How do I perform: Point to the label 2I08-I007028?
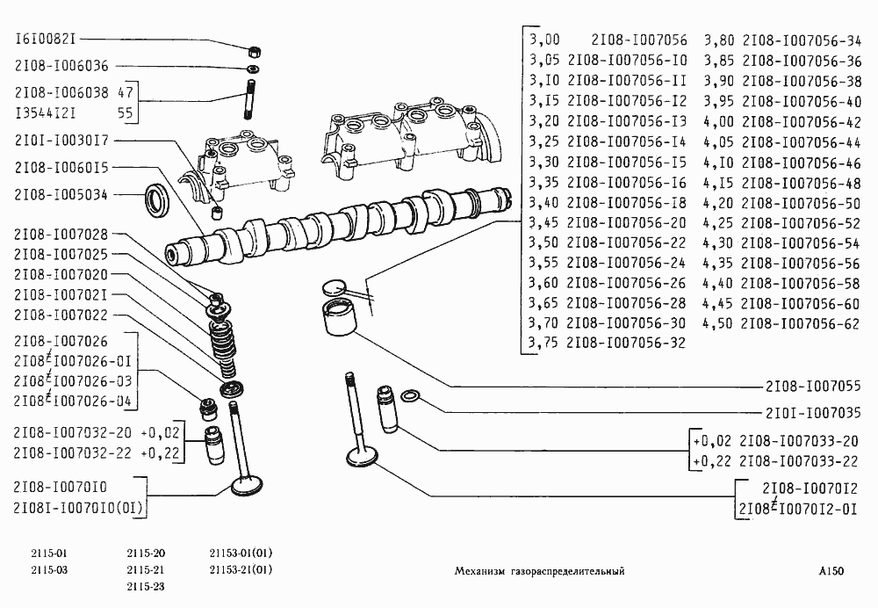[x=61, y=234]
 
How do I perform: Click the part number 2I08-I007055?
[x=811, y=387]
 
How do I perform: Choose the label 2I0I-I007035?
[x=811, y=410]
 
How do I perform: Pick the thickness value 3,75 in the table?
[x=545, y=344]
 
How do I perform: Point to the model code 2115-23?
[x=146, y=586]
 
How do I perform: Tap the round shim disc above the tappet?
[x=334, y=286]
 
